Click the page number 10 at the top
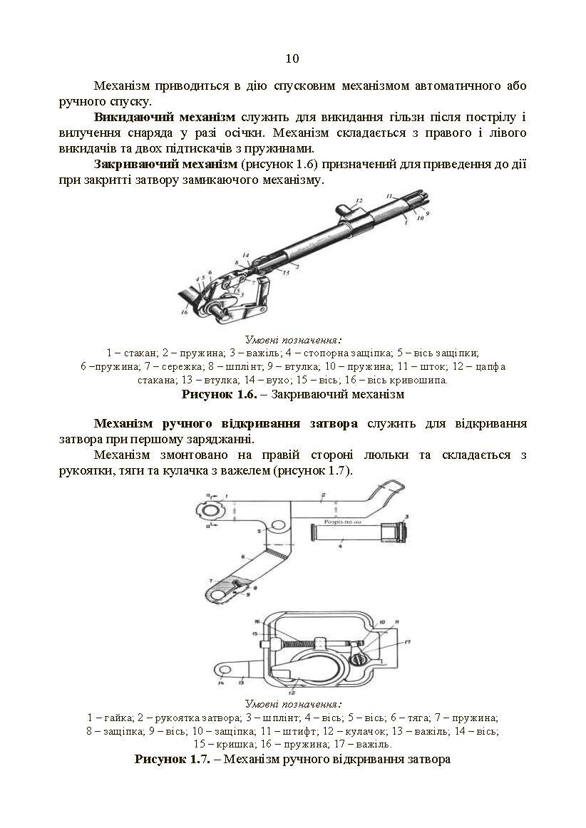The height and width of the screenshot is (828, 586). point(292,58)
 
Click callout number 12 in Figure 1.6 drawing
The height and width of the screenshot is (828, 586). point(359,201)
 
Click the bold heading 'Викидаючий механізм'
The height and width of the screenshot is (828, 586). point(165,117)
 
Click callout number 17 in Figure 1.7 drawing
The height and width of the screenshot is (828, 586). point(407,643)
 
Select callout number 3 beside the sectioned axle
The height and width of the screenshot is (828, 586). point(406,515)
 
